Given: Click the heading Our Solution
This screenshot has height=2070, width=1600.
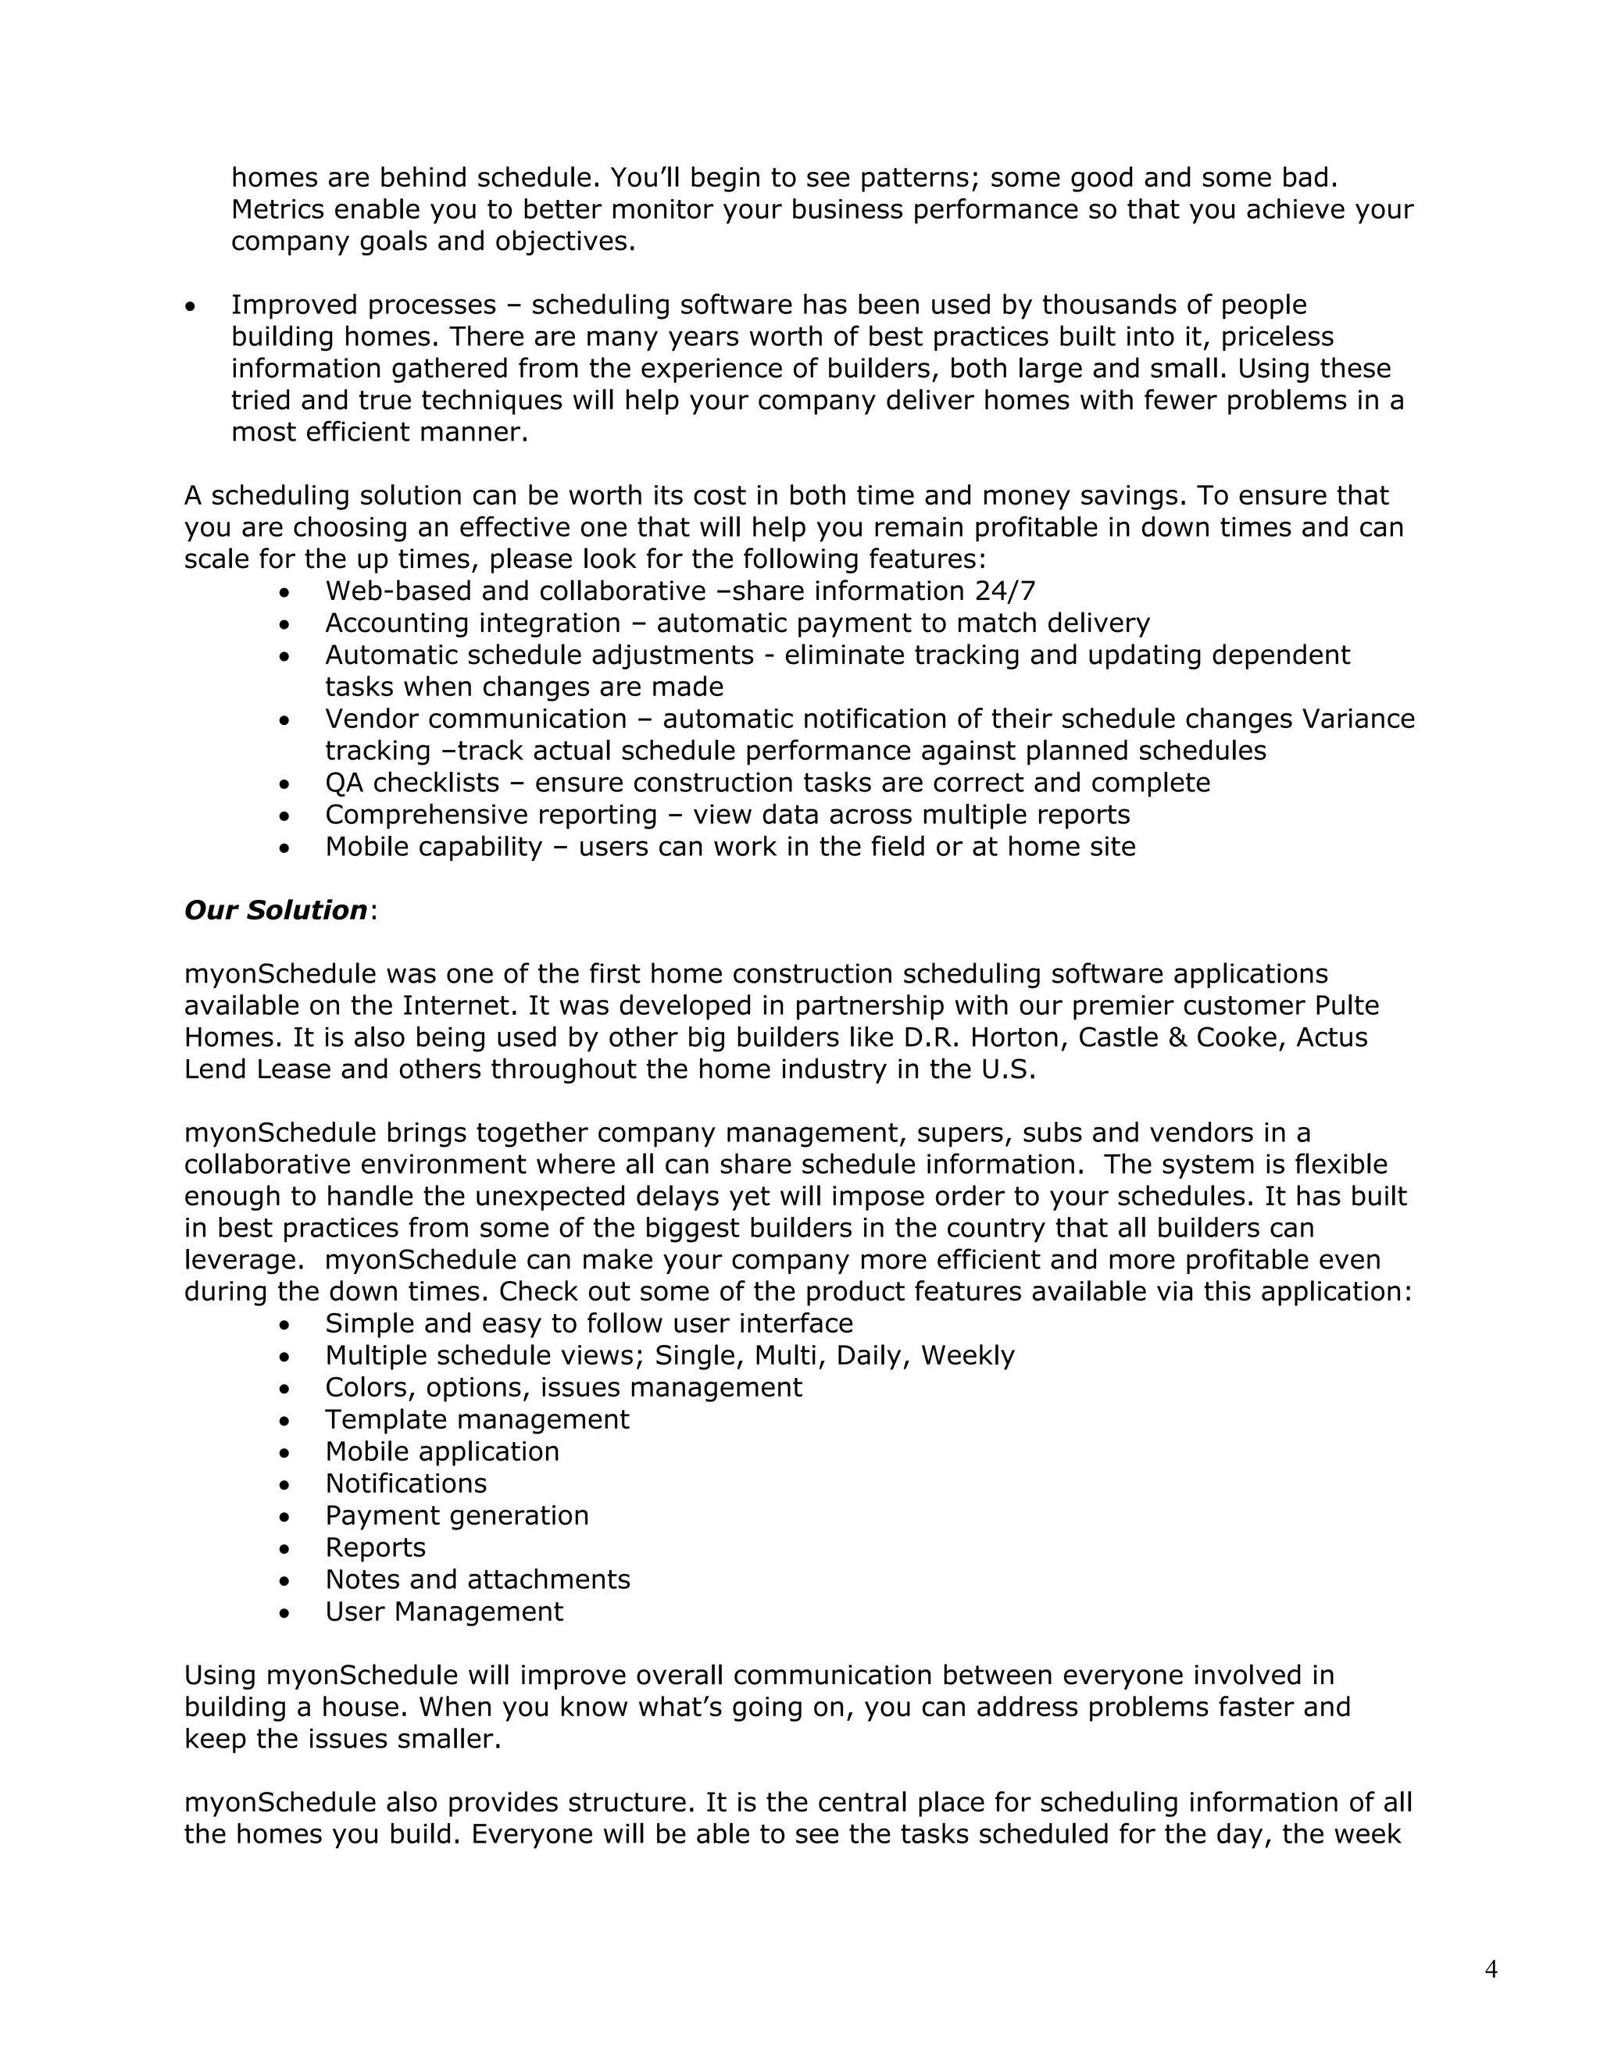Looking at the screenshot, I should [275, 910].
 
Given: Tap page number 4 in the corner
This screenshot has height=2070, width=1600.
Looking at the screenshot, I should [1491, 1969].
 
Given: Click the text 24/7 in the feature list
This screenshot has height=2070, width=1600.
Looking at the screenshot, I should [1005, 591].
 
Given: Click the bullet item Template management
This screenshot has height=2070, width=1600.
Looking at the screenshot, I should [477, 1420].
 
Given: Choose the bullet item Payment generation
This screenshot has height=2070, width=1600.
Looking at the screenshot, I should [457, 1515].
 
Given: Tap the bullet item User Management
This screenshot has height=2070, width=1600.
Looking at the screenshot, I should [444, 1611].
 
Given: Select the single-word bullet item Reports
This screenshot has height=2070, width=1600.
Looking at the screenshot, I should [375, 1547].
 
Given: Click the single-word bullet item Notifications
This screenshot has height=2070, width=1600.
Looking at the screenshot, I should [405, 1483].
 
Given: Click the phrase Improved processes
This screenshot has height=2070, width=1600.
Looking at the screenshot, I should [364, 305].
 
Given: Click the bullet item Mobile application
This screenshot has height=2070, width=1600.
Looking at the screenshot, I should [441, 1452].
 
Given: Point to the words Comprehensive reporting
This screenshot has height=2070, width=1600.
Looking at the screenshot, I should [491, 815].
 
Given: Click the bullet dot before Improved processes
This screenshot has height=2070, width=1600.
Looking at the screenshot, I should [191, 307].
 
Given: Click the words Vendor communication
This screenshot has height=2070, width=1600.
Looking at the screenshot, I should [476, 719].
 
